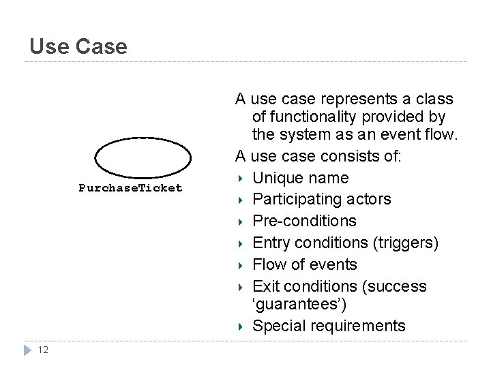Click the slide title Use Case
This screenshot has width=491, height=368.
(x=78, y=46)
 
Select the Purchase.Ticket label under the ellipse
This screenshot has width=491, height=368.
(x=130, y=188)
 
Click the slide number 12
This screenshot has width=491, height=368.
(x=43, y=350)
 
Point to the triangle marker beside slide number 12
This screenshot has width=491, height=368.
(x=27, y=350)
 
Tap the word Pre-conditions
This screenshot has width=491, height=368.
(x=304, y=221)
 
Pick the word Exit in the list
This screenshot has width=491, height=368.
(x=266, y=286)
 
